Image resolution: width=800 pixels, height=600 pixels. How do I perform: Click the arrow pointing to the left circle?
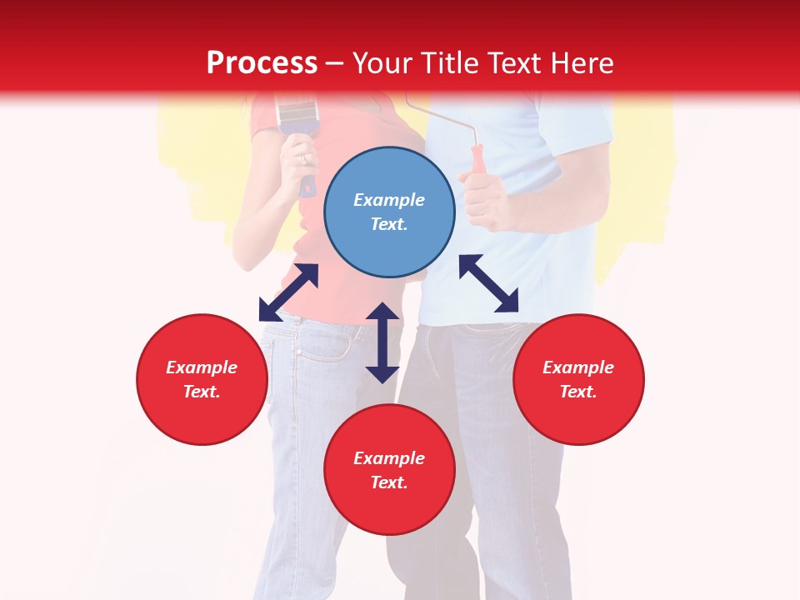[288, 292]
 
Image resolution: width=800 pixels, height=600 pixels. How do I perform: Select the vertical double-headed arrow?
[382, 342]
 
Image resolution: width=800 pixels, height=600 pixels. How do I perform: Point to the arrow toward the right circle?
[489, 283]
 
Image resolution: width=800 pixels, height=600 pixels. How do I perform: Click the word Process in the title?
[262, 62]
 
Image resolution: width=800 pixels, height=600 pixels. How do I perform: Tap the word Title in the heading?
[451, 62]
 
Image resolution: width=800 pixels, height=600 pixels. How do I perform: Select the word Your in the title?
[383, 62]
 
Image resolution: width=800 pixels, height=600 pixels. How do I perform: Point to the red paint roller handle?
[477, 159]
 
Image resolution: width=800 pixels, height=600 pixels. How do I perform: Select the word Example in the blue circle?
[389, 200]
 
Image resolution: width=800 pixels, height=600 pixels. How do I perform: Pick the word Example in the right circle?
[578, 367]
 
